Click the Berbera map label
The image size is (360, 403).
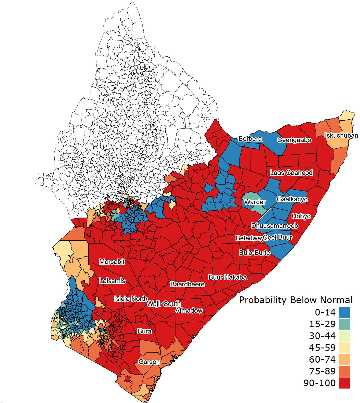[x=250, y=139]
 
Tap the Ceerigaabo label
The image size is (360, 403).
[x=294, y=140]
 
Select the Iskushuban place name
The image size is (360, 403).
[x=341, y=135]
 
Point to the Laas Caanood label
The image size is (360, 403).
[x=291, y=173]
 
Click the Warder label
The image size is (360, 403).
[x=255, y=202]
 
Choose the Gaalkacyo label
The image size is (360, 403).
[x=292, y=199]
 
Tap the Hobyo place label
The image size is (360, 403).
[x=301, y=216]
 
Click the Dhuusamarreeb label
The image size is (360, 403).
[x=274, y=226]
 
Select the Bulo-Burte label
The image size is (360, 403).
[x=254, y=253]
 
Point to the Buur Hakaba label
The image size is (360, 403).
[x=228, y=277]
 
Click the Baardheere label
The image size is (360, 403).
[x=187, y=284]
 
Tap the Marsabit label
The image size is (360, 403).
[x=112, y=262]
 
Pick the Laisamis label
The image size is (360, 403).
[x=112, y=281]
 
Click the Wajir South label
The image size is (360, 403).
[x=164, y=304]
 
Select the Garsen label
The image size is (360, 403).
[x=149, y=362]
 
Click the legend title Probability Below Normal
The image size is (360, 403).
[x=296, y=300]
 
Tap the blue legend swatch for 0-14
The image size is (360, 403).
[x=344, y=312]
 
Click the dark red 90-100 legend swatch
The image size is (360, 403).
[x=344, y=383]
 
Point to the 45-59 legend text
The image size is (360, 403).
[x=322, y=347]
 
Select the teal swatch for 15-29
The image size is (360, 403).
[x=344, y=324]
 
